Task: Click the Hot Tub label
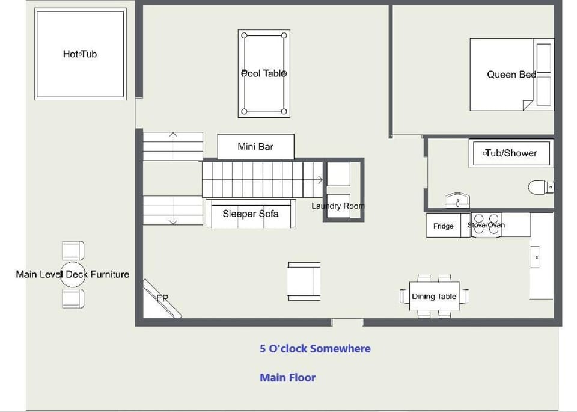coord(80,54)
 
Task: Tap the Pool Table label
coord(264,73)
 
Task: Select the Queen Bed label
coord(511,75)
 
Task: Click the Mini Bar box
coord(256,147)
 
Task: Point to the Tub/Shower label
coord(511,153)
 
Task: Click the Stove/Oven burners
coord(486,224)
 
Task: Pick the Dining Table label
coord(434,297)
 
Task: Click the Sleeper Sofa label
coord(251,214)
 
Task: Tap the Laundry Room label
coord(338,206)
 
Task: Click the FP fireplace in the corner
coord(162,298)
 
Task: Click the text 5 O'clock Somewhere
coord(316,349)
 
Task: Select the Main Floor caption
coord(288,377)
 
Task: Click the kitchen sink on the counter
coord(535,257)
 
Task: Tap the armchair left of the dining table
coord(304,281)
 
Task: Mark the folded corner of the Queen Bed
coord(528,105)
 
